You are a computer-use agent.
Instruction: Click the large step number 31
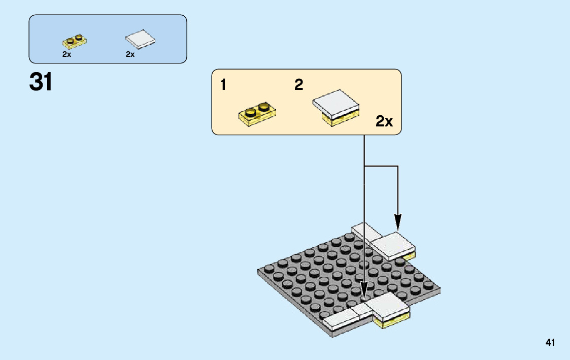41,82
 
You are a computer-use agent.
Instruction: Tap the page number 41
550,343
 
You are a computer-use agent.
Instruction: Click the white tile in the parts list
140,40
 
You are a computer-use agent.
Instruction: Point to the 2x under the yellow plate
66,54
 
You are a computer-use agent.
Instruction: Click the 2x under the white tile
130,54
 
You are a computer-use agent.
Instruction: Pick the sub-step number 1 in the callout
223,85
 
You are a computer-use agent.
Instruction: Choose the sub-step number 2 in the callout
299,85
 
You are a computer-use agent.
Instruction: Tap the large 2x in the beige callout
384,121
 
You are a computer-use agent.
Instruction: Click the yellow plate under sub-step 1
257,114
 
